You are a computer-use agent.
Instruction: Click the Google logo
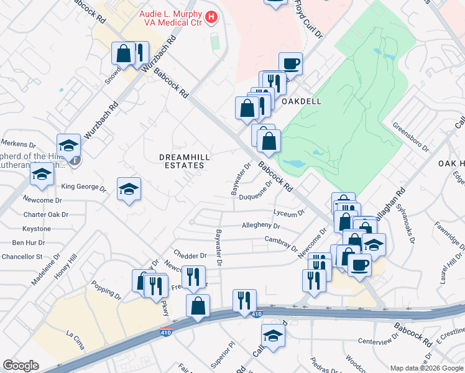(21, 366)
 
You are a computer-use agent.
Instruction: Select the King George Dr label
(80, 186)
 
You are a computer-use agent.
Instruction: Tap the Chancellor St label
(22, 256)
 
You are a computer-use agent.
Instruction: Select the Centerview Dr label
(377, 341)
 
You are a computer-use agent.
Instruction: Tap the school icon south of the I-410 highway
(273, 336)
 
